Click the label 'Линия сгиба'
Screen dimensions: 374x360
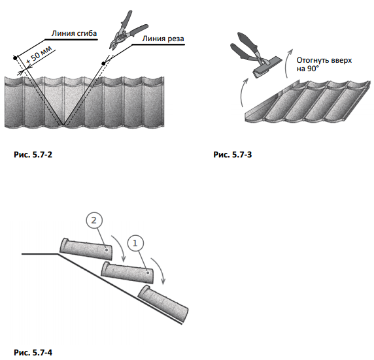coord(74,33)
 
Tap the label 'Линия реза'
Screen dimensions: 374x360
coord(163,39)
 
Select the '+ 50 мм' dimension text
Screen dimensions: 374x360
coord(39,56)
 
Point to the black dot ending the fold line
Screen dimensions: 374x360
coord(15,58)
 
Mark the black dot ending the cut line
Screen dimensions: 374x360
coord(103,63)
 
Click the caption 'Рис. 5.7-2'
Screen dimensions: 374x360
coord(33,155)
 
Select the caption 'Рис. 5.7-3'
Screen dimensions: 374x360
coord(233,155)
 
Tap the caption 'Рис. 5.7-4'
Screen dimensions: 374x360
coord(33,352)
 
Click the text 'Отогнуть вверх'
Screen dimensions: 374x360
coord(324,60)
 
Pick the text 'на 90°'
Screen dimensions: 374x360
coord(307,69)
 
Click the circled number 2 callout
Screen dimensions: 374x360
coord(94,221)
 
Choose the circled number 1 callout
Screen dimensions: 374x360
coord(135,244)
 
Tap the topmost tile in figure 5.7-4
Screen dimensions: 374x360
coord(86,249)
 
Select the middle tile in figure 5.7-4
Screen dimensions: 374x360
coord(127,272)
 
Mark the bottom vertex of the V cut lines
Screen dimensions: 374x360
coord(63,125)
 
